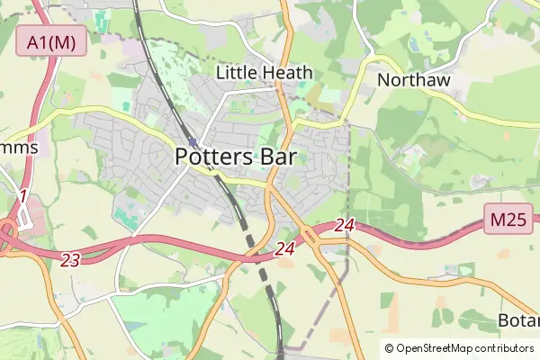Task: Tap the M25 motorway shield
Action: point(508,218)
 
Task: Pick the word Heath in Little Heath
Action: point(287,72)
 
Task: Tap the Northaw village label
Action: point(413,79)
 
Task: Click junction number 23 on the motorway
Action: point(70,260)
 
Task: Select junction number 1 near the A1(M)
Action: point(22,196)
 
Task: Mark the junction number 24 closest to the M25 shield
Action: point(344,225)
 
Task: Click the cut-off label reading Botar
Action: point(518,321)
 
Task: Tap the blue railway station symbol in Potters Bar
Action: point(193,141)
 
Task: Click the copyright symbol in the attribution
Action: point(389,348)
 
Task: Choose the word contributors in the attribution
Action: point(501,348)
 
